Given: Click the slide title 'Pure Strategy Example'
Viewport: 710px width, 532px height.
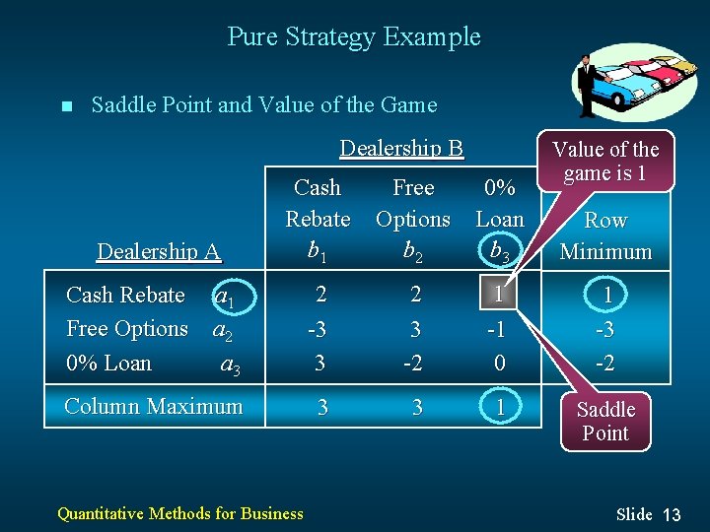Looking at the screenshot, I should click(354, 37).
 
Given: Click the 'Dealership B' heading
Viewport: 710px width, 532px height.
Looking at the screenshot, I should click(400, 149).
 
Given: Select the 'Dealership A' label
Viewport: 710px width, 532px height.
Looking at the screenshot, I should click(158, 251).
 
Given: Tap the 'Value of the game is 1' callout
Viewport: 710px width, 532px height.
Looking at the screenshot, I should click(604, 161).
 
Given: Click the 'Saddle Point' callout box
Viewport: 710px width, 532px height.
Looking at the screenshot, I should click(605, 421).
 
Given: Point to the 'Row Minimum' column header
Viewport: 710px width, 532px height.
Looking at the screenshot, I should click(605, 236).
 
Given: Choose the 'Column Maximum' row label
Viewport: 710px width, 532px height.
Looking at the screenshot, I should click(153, 406).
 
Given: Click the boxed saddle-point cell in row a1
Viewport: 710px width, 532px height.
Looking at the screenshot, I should click(500, 296).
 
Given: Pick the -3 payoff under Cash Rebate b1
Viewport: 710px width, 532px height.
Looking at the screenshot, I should click(319, 329).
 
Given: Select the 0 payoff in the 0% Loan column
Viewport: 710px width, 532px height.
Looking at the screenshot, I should click(500, 363).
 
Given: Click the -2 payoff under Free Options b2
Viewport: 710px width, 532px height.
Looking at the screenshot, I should click(413, 363).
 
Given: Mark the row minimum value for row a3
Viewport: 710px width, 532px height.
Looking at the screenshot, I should click(605, 363).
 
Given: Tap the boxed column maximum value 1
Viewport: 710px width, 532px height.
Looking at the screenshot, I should click(500, 407).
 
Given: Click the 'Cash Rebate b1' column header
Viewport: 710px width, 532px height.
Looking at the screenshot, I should click(318, 219).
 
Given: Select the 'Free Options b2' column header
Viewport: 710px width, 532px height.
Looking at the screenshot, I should click(413, 219).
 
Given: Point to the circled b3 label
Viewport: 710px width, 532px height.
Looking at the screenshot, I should click(500, 252).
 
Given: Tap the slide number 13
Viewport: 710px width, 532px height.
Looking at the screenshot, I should click(672, 514).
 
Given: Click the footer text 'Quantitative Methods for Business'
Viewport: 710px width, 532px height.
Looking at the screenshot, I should click(180, 512).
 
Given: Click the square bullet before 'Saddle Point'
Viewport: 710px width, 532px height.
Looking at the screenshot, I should click(65, 106).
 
